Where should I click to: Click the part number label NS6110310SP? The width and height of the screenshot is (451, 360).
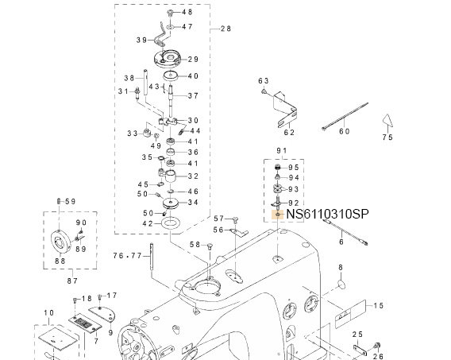tap(328, 214)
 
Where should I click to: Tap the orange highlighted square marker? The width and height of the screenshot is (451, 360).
tap(278, 215)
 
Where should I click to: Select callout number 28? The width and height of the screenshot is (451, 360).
tap(225, 29)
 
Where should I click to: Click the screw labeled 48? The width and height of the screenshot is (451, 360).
tap(170, 13)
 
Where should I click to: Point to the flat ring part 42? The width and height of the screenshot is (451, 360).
tap(171, 223)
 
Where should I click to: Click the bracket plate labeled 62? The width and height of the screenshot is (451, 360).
tap(284, 110)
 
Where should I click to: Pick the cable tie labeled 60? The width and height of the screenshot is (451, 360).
tap(345, 116)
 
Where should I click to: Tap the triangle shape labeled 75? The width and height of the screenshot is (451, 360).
tap(387, 120)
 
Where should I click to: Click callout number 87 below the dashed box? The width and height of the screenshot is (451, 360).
tap(72, 281)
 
